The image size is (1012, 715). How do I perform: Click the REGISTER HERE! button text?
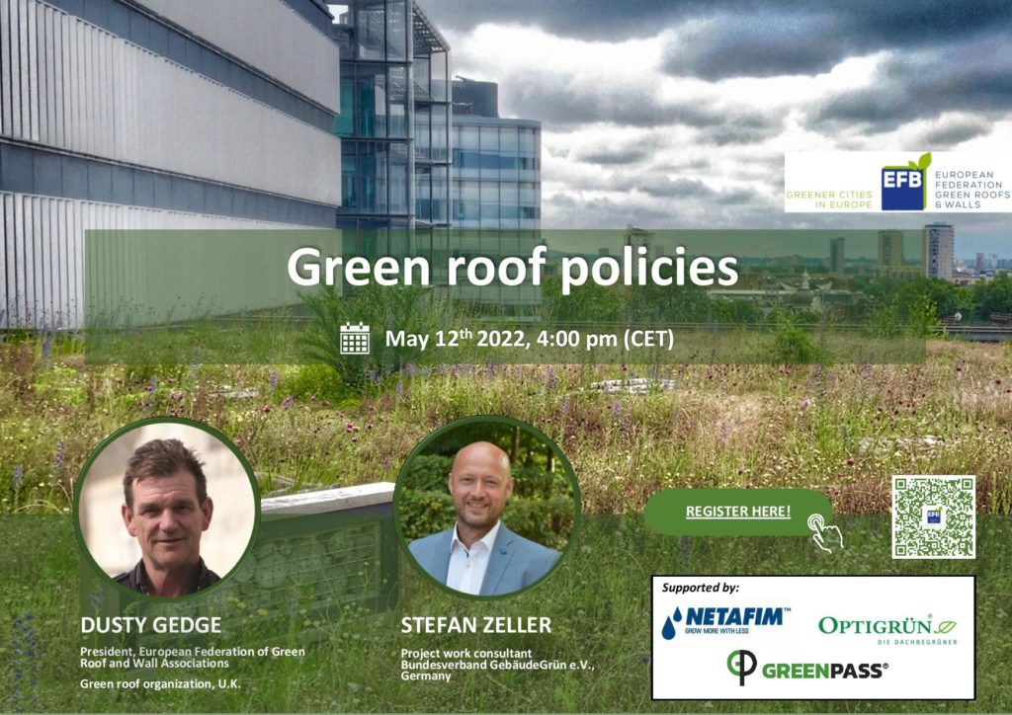737,512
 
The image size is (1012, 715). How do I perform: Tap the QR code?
933,516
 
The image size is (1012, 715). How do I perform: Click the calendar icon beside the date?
355,338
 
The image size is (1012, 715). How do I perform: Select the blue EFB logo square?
903,185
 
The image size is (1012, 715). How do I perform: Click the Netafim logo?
725,621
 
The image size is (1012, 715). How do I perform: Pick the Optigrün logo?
887,629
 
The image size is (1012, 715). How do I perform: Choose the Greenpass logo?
806,668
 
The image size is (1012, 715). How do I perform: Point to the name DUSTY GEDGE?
151,625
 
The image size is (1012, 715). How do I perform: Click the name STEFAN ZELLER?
476,625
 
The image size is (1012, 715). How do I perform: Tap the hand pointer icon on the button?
825,532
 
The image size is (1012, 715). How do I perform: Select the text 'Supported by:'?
701,588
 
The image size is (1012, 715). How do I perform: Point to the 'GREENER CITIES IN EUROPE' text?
829,199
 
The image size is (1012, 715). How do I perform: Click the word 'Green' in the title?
358,266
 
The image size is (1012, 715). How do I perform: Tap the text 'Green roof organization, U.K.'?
160,684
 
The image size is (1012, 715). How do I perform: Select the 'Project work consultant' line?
466,654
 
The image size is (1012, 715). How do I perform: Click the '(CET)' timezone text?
648,339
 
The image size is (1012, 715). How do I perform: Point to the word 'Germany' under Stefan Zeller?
426,676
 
